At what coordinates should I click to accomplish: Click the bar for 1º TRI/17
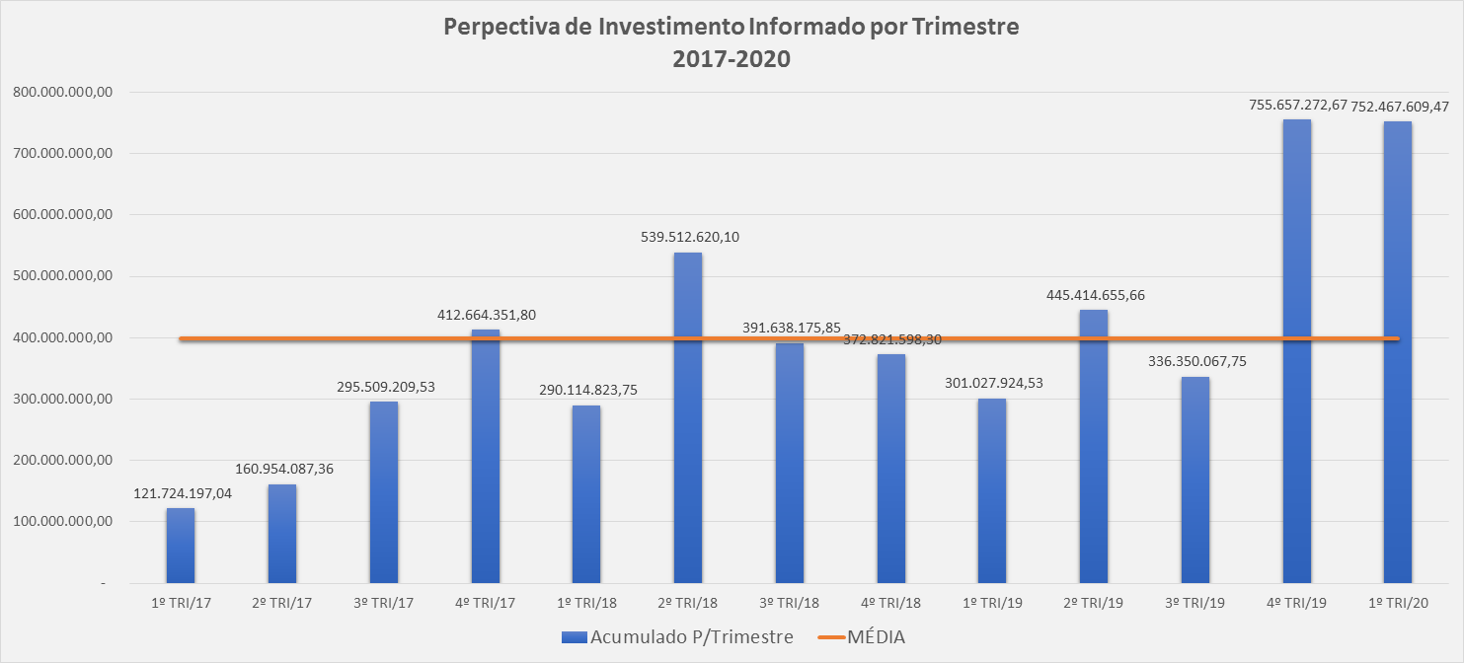(181, 546)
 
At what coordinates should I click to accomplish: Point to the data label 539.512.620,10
(688, 237)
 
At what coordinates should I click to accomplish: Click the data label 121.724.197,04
(184, 493)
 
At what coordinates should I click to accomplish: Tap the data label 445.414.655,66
(1095, 295)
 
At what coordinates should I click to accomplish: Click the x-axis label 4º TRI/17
(485, 602)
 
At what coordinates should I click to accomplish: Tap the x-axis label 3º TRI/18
(790, 602)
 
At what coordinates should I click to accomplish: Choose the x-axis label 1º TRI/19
(992, 602)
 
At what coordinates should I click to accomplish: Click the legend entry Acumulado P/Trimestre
(691, 637)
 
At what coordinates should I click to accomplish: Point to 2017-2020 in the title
(732, 58)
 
